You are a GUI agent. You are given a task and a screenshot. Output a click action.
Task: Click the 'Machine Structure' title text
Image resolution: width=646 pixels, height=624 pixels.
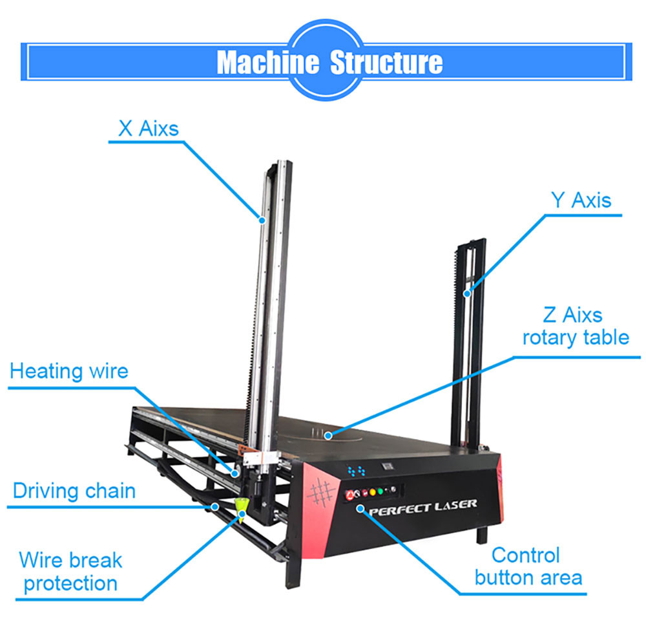[x=329, y=63]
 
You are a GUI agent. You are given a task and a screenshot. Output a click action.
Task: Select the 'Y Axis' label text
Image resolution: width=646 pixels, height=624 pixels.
[x=580, y=200]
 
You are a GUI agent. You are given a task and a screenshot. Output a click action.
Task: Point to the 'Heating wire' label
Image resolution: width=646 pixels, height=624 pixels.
[x=69, y=371]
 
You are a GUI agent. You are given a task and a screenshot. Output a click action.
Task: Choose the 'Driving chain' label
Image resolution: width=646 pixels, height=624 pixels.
[x=74, y=490]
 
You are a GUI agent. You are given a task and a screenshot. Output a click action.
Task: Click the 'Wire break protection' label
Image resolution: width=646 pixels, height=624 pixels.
[x=70, y=571]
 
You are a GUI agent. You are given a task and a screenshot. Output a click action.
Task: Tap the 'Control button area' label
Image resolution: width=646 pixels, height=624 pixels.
[x=528, y=566]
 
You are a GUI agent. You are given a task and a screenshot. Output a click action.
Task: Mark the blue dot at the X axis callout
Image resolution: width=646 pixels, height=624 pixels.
[x=262, y=220]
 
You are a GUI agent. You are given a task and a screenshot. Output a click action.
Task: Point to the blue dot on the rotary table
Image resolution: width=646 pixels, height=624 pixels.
[x=329, y=435]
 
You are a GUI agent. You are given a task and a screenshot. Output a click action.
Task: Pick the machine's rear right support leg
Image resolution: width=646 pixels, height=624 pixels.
[x=481, y=535]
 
